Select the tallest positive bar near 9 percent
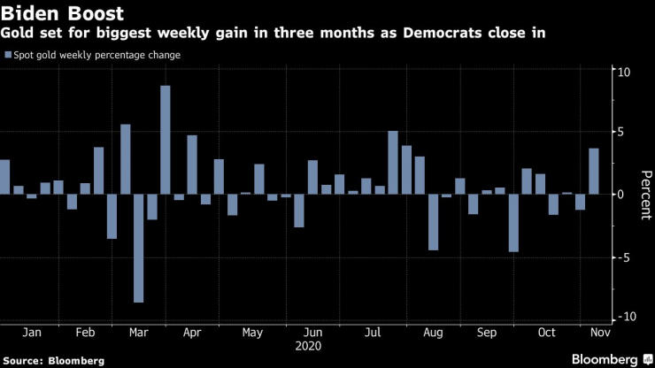(x=166, y=140)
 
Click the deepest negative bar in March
(x=138, y=248)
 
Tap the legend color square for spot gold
(x=8, y=56)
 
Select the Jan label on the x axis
(x=30, y=333)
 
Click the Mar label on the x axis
(x=139, y=333)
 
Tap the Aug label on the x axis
(x=434, y=333)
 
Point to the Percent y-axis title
(x=644, y=194)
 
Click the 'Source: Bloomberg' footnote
(x=53, y=361)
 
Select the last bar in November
(x=594, y=171)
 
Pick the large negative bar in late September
(x=513, y=223)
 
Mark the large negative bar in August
(x=434, y=222)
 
